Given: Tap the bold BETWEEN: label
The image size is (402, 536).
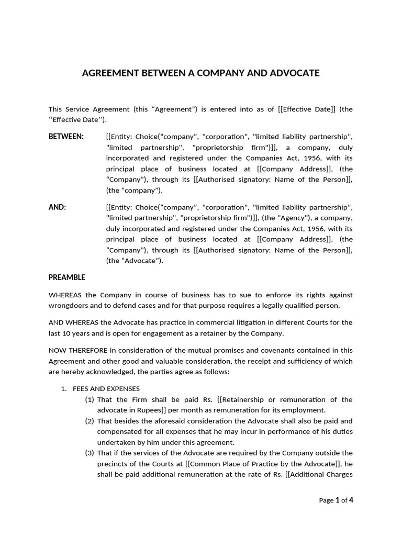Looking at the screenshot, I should pos(66,137).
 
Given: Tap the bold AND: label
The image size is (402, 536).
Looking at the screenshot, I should pos(57,207).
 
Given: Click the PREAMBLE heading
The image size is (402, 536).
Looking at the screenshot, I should pos(66,277).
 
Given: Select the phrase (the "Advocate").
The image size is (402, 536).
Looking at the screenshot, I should pos(135,261).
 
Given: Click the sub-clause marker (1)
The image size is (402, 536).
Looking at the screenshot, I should pos(90,399).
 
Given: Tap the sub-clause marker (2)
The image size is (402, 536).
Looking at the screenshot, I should pos(90,421).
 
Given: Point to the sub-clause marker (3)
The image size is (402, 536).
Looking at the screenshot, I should pos(90,453).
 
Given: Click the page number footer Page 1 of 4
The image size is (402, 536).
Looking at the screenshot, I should pos(336,500).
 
